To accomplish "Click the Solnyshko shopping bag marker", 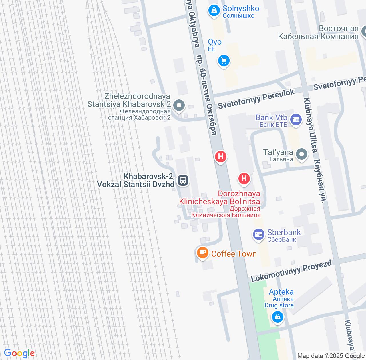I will (x=213, y=11).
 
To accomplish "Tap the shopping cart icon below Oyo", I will (x=224, y=61).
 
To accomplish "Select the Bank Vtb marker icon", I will (x=296, y=119).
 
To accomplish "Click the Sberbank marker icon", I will (x=258, y=235).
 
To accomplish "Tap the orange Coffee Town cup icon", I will (x=203, y=253).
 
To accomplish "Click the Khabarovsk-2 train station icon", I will (x=183, y=180).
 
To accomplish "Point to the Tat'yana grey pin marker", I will (x=301, y=154).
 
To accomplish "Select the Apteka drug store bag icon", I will (x=277, y=317).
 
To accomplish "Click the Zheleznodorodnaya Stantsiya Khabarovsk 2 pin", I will (x=179, y=105).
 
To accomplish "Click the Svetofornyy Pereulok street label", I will (x=256, y=99).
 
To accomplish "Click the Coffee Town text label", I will (x=234, y=254).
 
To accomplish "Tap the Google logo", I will (x=19, y=353).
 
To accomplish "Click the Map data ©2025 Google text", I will (x=331, y=356).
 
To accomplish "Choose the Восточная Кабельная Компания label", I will (x=318, y=32).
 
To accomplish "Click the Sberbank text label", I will (x=284, y=232).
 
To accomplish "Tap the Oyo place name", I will (x=215, y=42).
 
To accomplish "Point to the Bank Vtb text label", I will (x=271, y=117).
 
